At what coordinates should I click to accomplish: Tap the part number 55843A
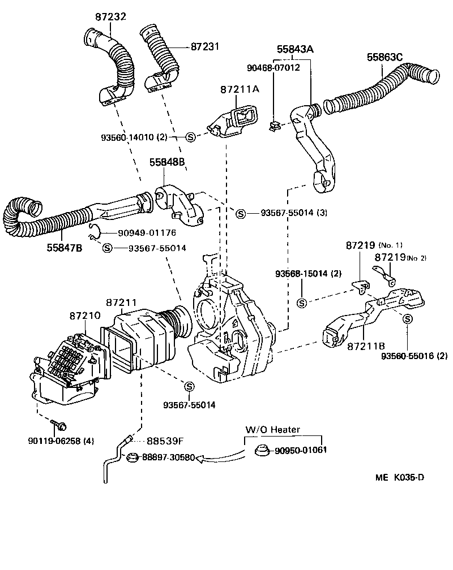294,50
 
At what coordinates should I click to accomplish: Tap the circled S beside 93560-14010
191,136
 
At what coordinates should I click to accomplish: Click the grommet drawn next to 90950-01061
261,450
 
